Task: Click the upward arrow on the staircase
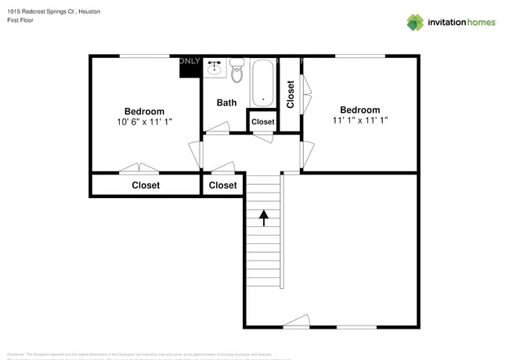264,218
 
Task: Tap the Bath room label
226,103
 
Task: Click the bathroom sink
215,68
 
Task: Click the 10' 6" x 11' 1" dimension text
144,122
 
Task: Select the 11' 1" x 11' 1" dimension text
360,121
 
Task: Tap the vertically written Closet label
291,94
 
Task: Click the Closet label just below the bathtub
262,122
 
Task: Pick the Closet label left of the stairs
223,185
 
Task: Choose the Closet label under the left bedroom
146,185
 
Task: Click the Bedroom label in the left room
145,111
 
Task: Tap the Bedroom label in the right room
359,110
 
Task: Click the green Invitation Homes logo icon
414,22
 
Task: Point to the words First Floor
23,23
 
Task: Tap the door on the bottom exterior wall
297,322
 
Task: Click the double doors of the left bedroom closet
139,168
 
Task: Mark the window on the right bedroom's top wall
360,56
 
